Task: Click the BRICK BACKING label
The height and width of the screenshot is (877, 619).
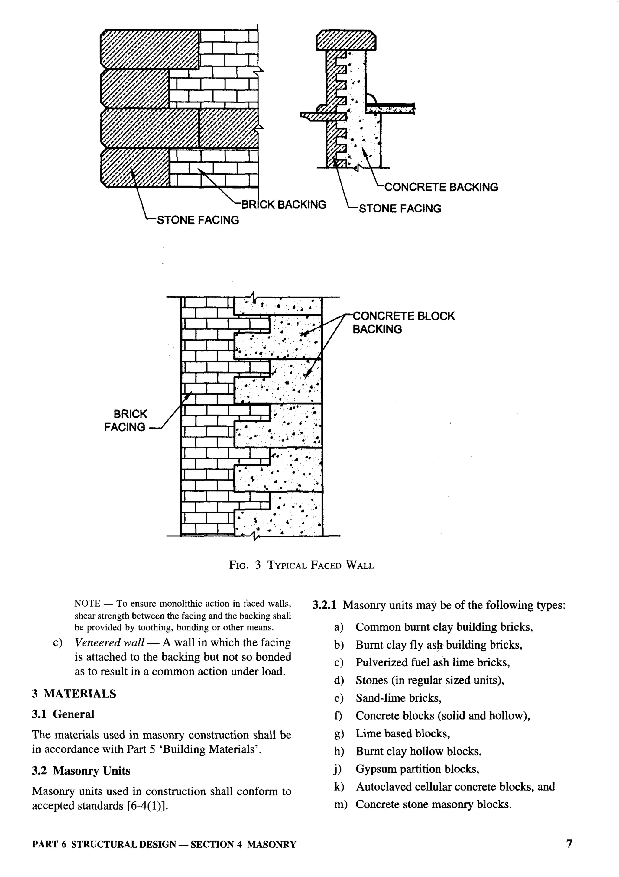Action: click(x=284, y=204)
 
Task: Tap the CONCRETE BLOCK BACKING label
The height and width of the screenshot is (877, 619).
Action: click(x=403, y=322)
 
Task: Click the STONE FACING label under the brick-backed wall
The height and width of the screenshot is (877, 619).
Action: click(x=198, y=220)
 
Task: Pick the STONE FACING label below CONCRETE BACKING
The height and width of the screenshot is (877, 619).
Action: click(x=400, y=209)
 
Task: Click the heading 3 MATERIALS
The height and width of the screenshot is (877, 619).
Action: click(x=74, y=693)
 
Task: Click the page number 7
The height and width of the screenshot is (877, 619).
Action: click(x=569, y=843)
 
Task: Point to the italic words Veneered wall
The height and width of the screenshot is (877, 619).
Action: click(x=109, y=642)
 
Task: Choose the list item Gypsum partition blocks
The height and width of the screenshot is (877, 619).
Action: click(x=417, y=769)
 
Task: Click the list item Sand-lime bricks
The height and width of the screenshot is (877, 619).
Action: click(x=399, y=698)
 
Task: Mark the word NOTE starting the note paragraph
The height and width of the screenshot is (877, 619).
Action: click(x=87, y=604)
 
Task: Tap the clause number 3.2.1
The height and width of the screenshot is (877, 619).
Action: click(x=324, y=605)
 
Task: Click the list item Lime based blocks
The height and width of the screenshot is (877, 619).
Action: click(x=403, y=733)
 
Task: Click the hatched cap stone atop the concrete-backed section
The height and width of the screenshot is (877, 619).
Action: click(x=346, y=40)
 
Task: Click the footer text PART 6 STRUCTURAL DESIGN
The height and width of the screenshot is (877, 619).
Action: click(x=104, y=844)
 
